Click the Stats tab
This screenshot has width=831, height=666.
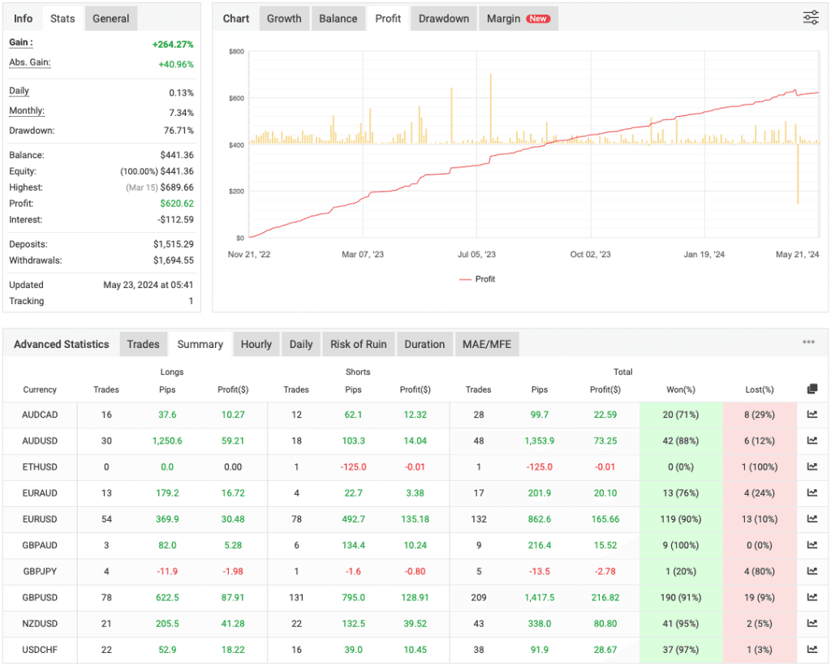tap(62, 19)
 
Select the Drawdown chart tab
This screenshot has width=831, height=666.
tap(444, 19)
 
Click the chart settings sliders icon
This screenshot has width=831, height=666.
tap(811, 18)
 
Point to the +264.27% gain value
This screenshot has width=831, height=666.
tap(173, 45)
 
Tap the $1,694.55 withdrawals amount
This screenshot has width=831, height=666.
tap(173, 260)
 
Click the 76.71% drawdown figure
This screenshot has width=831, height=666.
tap(178, 131)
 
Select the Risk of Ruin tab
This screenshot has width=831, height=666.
tap(358, 344)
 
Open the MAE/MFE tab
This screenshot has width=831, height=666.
tap(486, 344)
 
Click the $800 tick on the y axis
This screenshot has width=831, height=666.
tap(236, 52)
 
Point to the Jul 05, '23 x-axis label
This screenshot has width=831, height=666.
tap(476, 255)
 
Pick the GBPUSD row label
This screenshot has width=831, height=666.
tap(40, 597)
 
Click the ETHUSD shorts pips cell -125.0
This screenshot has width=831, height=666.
tap(353, 467)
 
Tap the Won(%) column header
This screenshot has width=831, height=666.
tap(681, 389)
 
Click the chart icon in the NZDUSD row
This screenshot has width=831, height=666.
tap(812, 623)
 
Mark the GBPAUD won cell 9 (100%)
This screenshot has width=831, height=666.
tap(681, 545)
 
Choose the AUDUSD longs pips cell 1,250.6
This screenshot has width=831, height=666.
tap(166, 441)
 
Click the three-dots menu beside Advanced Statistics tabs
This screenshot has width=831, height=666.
tap(808, 342)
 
